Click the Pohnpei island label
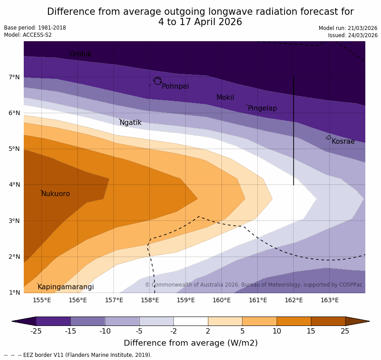click(175, 86)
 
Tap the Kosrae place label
click(343, 141)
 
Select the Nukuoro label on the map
click(56, 194)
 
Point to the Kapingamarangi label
click(65, 287)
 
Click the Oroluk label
click(81, 54)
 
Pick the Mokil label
click(225, 98)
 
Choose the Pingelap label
click(262, 108)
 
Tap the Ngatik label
click(130, 123)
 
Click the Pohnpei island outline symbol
click(157, 81)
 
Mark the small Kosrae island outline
click(329, 137)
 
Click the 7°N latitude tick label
click(14, 77)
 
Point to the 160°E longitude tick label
click(221, 300)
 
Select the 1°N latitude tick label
click(14, 293)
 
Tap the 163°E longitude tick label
click(329, 300)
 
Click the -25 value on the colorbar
click(36, 331)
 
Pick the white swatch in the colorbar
click(190, 321)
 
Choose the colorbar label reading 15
click(311, 331)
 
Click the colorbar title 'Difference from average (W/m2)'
click(190, 343)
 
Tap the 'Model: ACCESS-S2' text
click(28, 35)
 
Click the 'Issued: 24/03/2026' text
click(353, 35)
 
